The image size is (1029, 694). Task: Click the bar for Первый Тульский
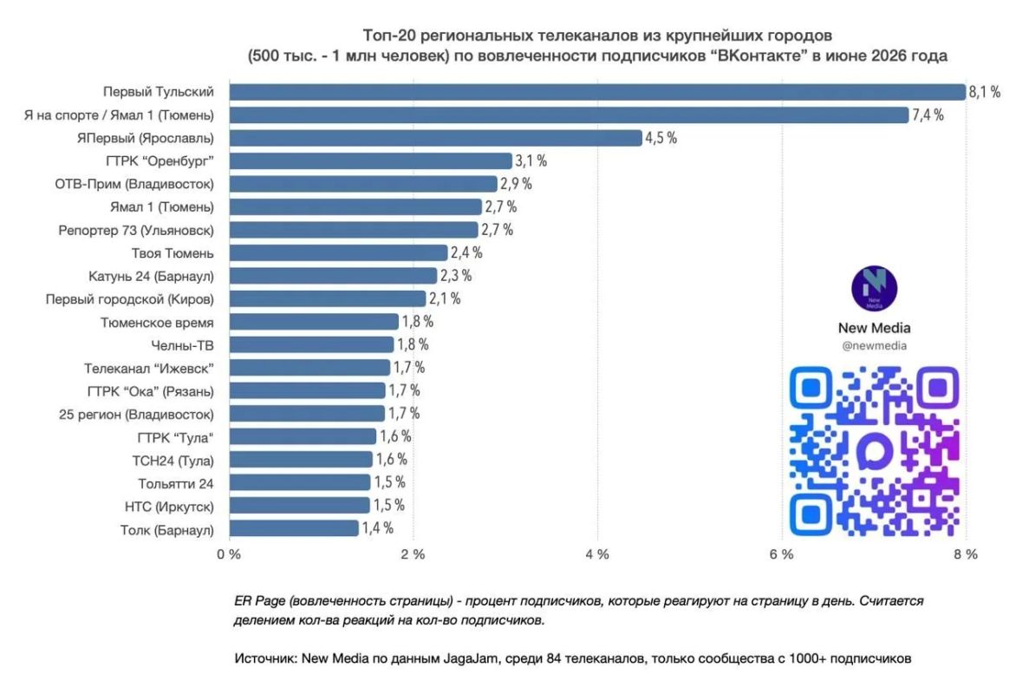tap(598, 92)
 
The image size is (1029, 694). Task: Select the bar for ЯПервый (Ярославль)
tap(436, 138)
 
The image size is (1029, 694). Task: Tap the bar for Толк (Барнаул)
tap(294, 528)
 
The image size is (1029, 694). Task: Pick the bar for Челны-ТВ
tap(312, 344)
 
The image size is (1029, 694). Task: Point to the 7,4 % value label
tap(928, 115)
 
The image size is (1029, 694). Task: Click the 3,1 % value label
tap(531, 160)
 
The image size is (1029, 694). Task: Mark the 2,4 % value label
tap(466, 252)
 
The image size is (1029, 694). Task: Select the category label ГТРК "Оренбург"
tap(160, 161)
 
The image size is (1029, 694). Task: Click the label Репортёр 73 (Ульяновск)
tap(136, 231)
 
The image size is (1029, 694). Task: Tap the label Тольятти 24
tap(176, 484)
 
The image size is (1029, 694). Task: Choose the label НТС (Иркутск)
tap(169, 507)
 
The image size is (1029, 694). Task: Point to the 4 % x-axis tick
tap(597, 555)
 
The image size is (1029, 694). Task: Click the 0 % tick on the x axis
tap(229, 555)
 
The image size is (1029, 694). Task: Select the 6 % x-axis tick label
tap(782, 555)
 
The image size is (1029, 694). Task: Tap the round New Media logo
tap(874, 288)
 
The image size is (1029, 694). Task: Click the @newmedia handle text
tap(874, 346)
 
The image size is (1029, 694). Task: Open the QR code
tap(874, 451)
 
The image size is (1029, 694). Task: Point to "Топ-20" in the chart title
tap(383, 36)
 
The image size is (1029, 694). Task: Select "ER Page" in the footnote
tap(260, 601)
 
